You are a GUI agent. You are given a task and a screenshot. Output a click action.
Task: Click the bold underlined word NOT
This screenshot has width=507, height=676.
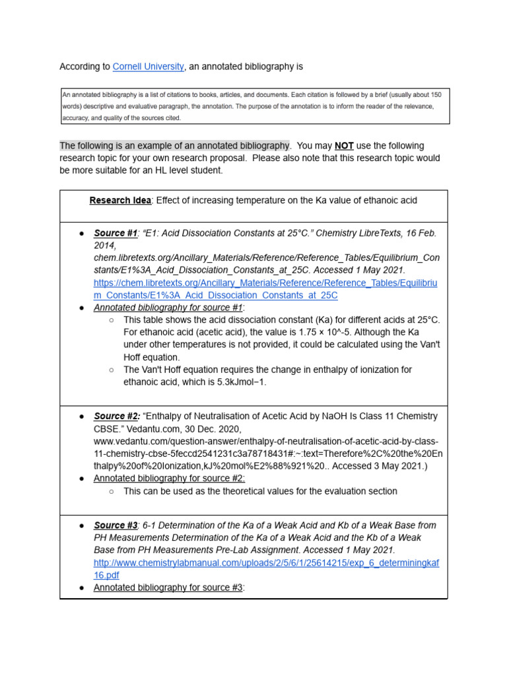coord(344,146)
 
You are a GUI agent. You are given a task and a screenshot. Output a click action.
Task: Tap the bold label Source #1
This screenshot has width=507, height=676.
coord(116,234)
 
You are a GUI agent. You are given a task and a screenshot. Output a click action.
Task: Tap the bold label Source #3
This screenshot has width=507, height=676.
coord(116,525)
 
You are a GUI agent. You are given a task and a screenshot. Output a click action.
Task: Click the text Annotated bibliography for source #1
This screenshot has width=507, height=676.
coord(169,308)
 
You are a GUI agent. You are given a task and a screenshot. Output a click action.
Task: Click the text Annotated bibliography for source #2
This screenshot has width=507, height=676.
coord(169,478)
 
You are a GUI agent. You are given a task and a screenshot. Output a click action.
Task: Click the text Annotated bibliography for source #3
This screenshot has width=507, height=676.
coord(168,588)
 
